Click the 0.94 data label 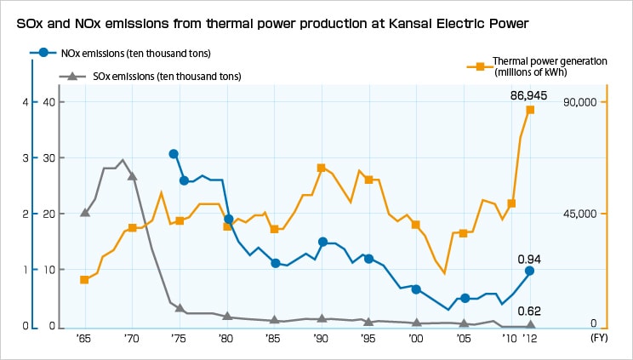529,259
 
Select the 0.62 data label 529,311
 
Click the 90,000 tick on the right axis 588,102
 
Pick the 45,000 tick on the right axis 588,214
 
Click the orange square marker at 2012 530,110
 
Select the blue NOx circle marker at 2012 530,271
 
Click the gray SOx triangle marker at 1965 84,212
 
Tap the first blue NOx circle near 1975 174,154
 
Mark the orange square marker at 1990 321,169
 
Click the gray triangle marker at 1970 132,175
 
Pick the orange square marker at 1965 84,280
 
